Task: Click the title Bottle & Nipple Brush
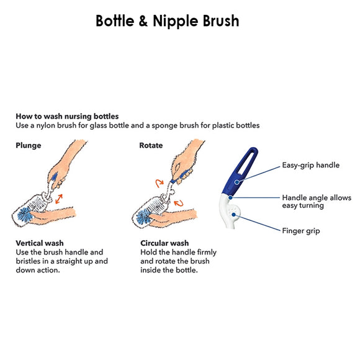(167, 20)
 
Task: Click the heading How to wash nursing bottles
(67, 116)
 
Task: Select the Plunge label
(29, 145)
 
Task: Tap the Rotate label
(151, 145)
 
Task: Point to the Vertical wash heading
(39, 243)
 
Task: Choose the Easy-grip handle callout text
(312, 166)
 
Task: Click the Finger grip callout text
(301, 231)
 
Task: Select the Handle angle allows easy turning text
(316, 201)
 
